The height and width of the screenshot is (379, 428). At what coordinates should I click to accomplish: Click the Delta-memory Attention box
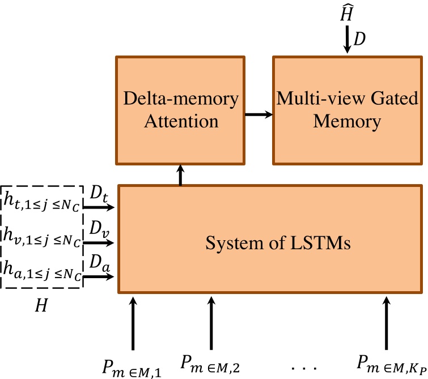[x=181, y=109]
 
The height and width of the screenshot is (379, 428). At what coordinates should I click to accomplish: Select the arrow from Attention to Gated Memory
[x=259, y=115]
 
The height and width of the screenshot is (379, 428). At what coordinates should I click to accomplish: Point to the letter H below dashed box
[x=41, y=305]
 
